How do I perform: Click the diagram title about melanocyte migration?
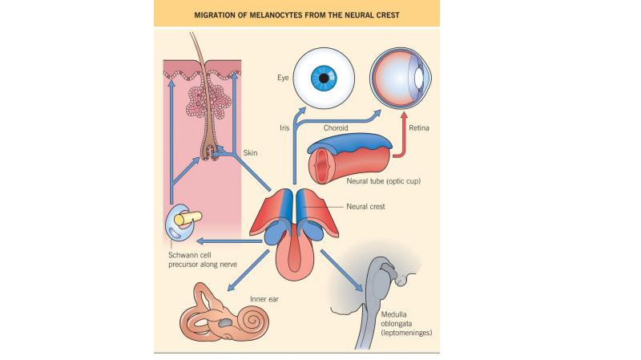tap(296, 15)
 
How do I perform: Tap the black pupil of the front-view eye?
tap(324, 78)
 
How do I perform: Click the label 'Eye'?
tap(283, 78)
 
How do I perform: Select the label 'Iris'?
tap(284, 128)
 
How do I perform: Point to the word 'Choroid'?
tap(336, 128)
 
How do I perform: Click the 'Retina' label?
tap(419, 128)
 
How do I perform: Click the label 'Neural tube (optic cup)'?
tap(384, 181)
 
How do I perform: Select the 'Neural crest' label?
tap(365, 207)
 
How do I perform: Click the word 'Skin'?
tap(250, 153)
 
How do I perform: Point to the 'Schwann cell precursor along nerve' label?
tap(203, 260)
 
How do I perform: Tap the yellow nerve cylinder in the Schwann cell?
tap(188, 218)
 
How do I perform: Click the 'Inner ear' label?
tap(264, 299)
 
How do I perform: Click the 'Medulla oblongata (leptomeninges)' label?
tap(406, 324)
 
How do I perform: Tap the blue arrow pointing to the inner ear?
tap(248, 270)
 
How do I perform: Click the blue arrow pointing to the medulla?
tap(342, 270)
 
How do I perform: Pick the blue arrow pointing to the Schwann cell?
tap(229, 241)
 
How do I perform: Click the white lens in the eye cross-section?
tap(418, 77)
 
